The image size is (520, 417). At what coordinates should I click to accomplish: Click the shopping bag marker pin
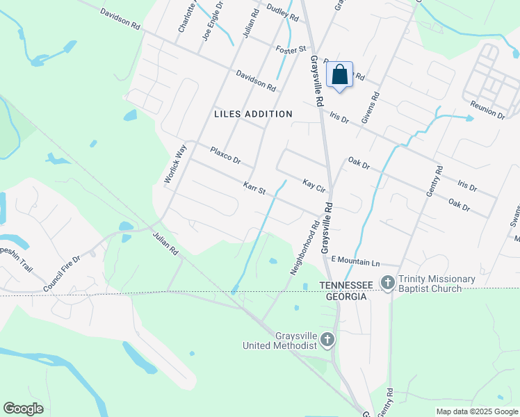(x=339, y=75)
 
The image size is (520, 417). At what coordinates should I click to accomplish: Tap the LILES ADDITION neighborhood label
(x=253, y=113)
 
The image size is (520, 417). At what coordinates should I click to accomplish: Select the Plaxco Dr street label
(x=225, y=155)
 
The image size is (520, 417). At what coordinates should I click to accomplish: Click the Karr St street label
(x=255, y=188)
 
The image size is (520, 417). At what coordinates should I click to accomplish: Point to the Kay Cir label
(x=314, y=185)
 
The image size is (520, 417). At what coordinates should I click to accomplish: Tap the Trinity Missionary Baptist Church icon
(x=388, y=282)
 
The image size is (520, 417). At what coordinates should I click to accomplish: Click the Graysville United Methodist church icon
(x=327, y=341)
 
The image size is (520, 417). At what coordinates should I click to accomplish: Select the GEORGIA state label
(x=343, y=296)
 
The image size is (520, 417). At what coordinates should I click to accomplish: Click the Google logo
(x=23, y=409)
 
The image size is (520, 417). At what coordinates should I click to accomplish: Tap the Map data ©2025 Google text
(x=476, y=411)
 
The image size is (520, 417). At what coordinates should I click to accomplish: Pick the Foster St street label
(x=291, y=49)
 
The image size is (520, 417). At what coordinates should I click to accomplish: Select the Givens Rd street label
(x=371, y=108)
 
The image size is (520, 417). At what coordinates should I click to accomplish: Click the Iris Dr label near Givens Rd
(x=339, y=118)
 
